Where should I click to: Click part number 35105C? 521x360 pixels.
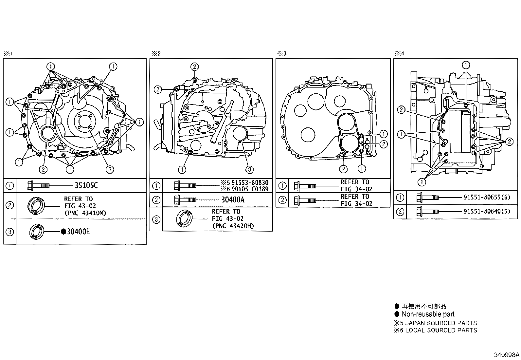click(86, 185)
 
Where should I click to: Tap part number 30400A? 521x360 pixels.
click(233, 200)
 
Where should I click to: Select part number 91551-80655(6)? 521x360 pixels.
click(487, 198)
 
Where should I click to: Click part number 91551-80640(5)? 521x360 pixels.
click(487, 212)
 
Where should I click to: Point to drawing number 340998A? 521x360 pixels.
click(507, 355)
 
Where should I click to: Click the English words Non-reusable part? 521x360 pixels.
click(428, 314)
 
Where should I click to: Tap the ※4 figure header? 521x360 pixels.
click(399, 53)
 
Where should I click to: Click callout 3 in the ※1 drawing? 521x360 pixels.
click(110, 169)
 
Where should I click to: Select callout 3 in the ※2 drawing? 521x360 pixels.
click(249, 169)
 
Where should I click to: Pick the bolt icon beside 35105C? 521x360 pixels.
click(39, 186)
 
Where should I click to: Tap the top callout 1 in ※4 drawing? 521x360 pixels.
click(466, 65)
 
